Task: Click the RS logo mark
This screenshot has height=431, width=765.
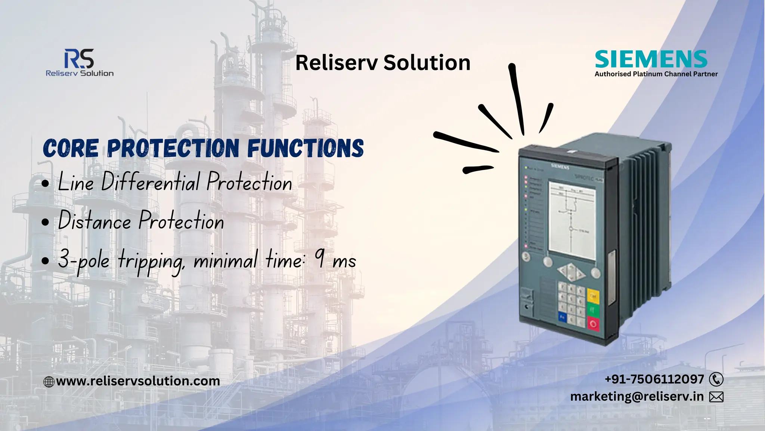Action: pyautogui.click(x=79, y=59)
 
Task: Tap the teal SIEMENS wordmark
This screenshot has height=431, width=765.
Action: pyautogui.click(x=651, y=59)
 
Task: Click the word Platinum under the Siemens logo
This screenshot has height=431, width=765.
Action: pyautogui.click(x=647, y=74)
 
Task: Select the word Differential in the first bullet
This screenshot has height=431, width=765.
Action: pyautogui.click(x=151, y=182)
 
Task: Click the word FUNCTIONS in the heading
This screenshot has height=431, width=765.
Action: pyautogui.click(x=305, y=148)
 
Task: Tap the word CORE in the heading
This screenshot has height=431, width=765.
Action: pyautogui.click(x=71, y=148)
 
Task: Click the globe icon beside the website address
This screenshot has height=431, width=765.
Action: pyautogui.click(x=49, y=382)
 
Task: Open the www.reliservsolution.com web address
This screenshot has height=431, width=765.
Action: pyautogui.click(x=138, y=381)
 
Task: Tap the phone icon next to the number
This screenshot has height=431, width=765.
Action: pyautogui.click(x=716, y=379)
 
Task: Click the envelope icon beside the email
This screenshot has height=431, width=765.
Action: pyautogui.click(x=716, y=397)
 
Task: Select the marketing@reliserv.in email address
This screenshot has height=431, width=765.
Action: pyautogui.click(x=637, y=396)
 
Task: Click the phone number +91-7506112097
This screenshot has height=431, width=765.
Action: pyautogui.click(x=654, y=379)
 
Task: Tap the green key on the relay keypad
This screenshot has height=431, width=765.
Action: pyautogui.click(x=592, y=309)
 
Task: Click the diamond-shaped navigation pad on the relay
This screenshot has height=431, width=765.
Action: pyautogui.click(x=571, y=272)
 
